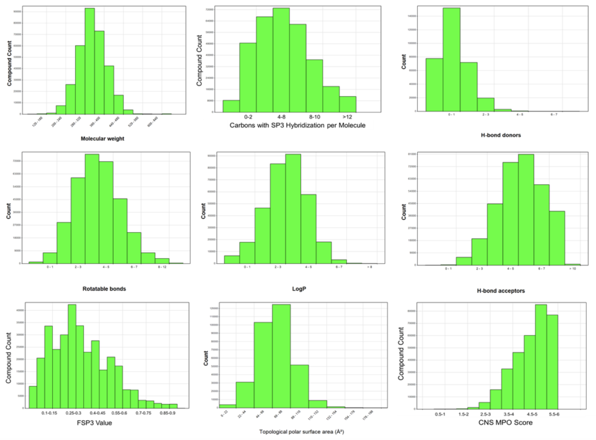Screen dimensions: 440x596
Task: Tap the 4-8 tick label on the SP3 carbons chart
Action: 281,115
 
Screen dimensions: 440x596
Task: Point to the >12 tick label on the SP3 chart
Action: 348,115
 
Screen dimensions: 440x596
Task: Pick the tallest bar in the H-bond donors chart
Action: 451,60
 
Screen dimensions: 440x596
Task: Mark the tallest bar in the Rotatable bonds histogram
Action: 92,209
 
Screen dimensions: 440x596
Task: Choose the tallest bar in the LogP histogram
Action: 293,209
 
